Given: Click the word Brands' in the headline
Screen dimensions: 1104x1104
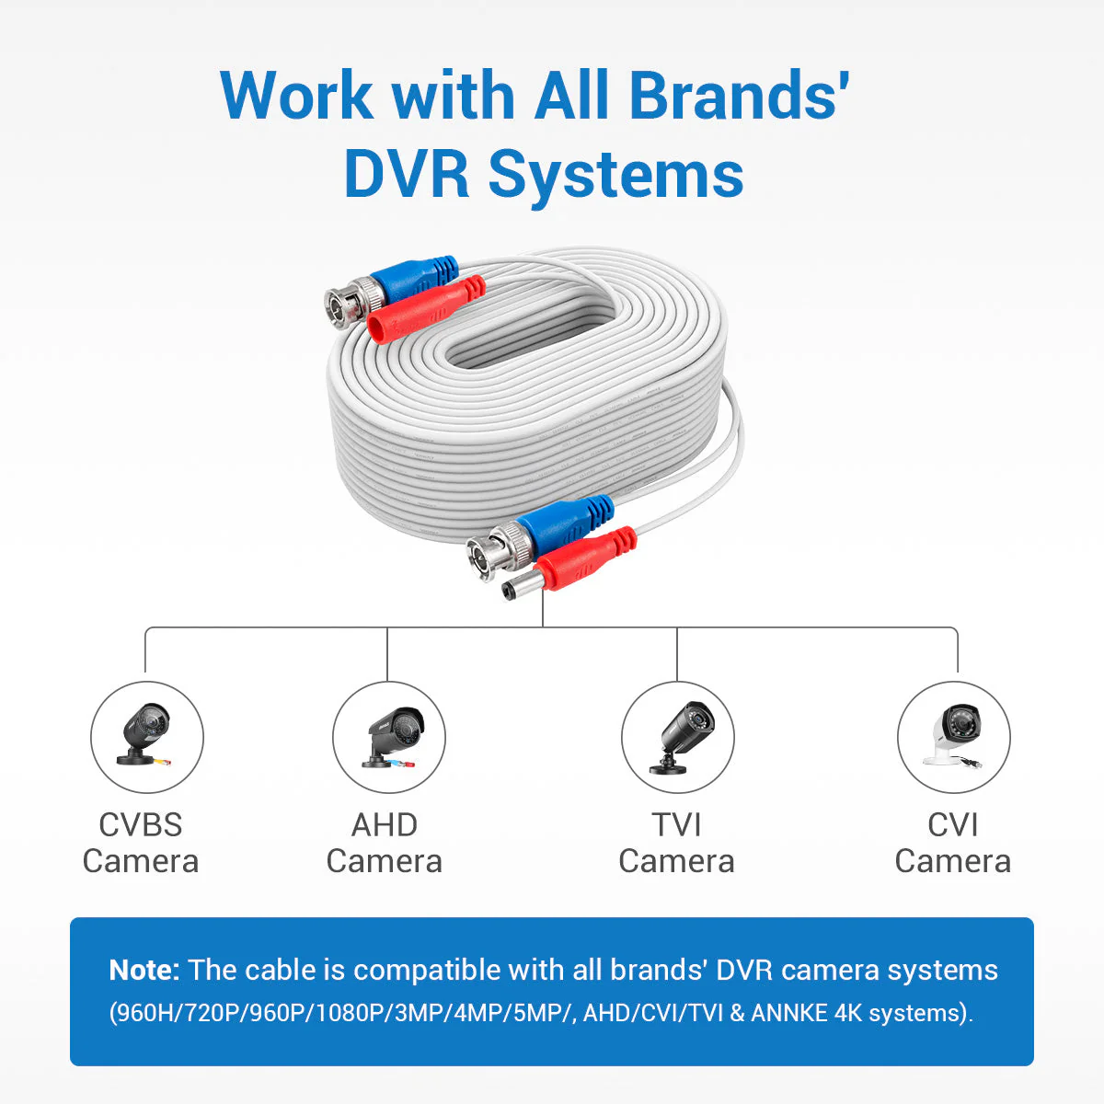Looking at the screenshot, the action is click(739, 95).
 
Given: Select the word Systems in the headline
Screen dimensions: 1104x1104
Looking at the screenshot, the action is click(615, 178).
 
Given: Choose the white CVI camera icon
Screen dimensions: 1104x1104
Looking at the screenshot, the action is click(953, 737).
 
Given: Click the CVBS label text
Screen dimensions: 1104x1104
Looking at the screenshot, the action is click(141, 825).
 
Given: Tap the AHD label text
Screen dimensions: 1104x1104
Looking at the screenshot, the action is click(385, 825).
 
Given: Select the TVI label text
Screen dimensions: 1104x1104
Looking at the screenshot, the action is click(676, 825).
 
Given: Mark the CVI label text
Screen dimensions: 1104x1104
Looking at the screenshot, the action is click(953, 825).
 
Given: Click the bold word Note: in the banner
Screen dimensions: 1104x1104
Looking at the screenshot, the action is click(144, 970).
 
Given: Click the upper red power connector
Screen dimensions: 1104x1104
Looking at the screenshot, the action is click(425, 309).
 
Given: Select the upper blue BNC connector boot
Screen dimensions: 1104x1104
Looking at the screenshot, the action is click(414, 280).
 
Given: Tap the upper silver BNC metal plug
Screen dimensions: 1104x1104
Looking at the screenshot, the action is click(351, 302).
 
